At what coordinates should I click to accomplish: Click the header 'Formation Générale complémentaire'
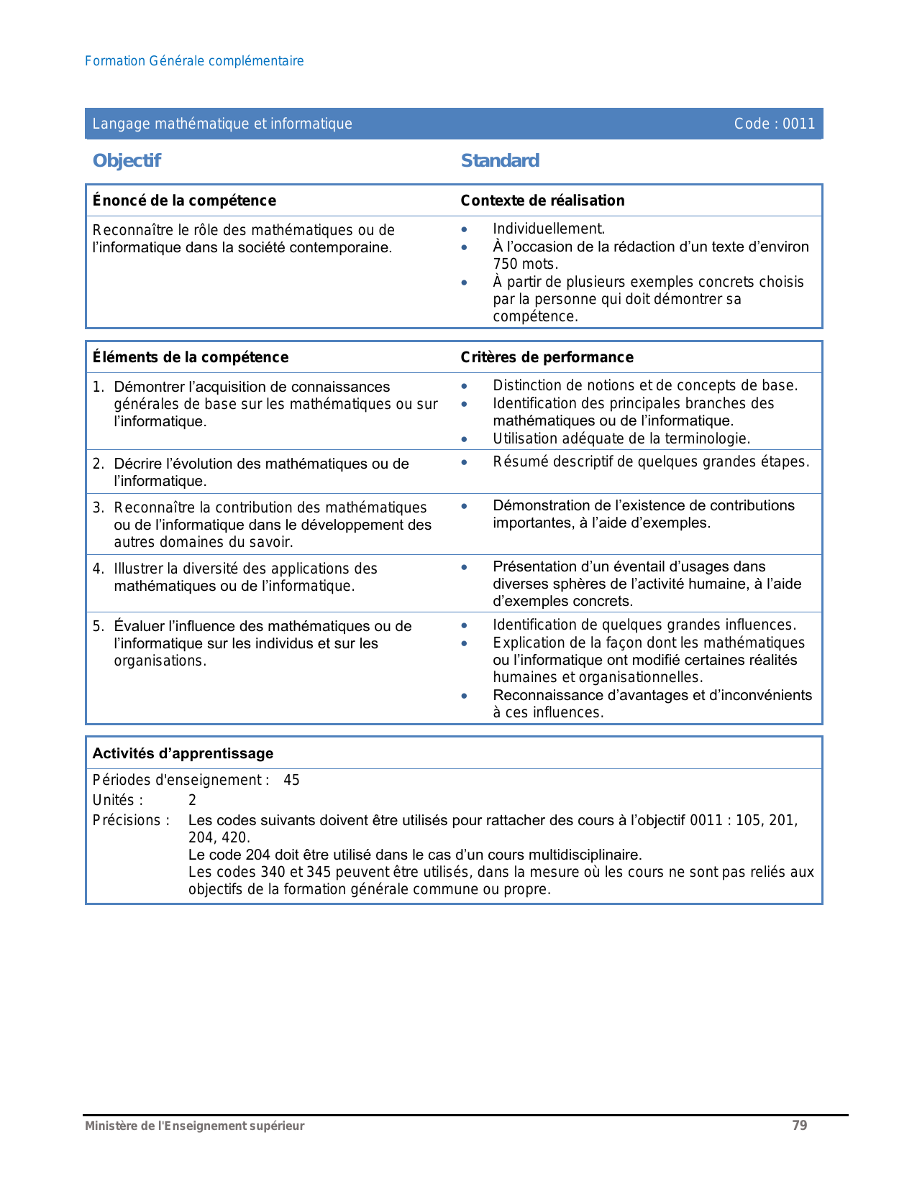click(x=194, y=61)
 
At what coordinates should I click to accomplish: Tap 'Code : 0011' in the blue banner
click(x=774, y=124)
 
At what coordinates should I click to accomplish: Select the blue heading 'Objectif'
click(x=127, y=160)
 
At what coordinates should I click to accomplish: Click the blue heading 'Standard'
click(x=500, y=160)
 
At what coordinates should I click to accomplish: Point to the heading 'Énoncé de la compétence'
click(x=184, y=201)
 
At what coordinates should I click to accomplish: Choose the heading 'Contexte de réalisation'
click(x=542, y=201)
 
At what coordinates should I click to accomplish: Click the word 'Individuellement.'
click(x=549, y=229)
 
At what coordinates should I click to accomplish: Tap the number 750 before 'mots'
click(x=506, y=264)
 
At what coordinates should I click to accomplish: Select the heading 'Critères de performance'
click(x=547, y=357)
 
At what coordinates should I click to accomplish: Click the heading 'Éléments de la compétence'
click(x=191, y=357)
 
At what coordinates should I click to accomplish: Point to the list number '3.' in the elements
click(x=99, y=507)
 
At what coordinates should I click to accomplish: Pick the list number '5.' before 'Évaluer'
click(x=99, y=626)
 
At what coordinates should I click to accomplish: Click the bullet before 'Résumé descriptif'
click(x=465, y=462)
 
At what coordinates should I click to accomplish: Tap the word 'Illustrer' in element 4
click(x=139, y=569)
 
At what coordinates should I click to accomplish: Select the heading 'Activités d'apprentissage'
click(x=183, y=753)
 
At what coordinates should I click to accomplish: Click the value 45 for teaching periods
click(x=291, y=780)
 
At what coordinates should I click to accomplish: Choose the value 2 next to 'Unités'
click(x=192, y=800)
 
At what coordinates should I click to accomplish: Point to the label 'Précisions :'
click(x=131, y=820)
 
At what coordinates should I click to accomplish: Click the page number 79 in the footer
click(x=799, y=1126)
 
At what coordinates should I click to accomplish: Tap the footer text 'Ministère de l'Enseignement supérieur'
click(x=194, y=1126)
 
